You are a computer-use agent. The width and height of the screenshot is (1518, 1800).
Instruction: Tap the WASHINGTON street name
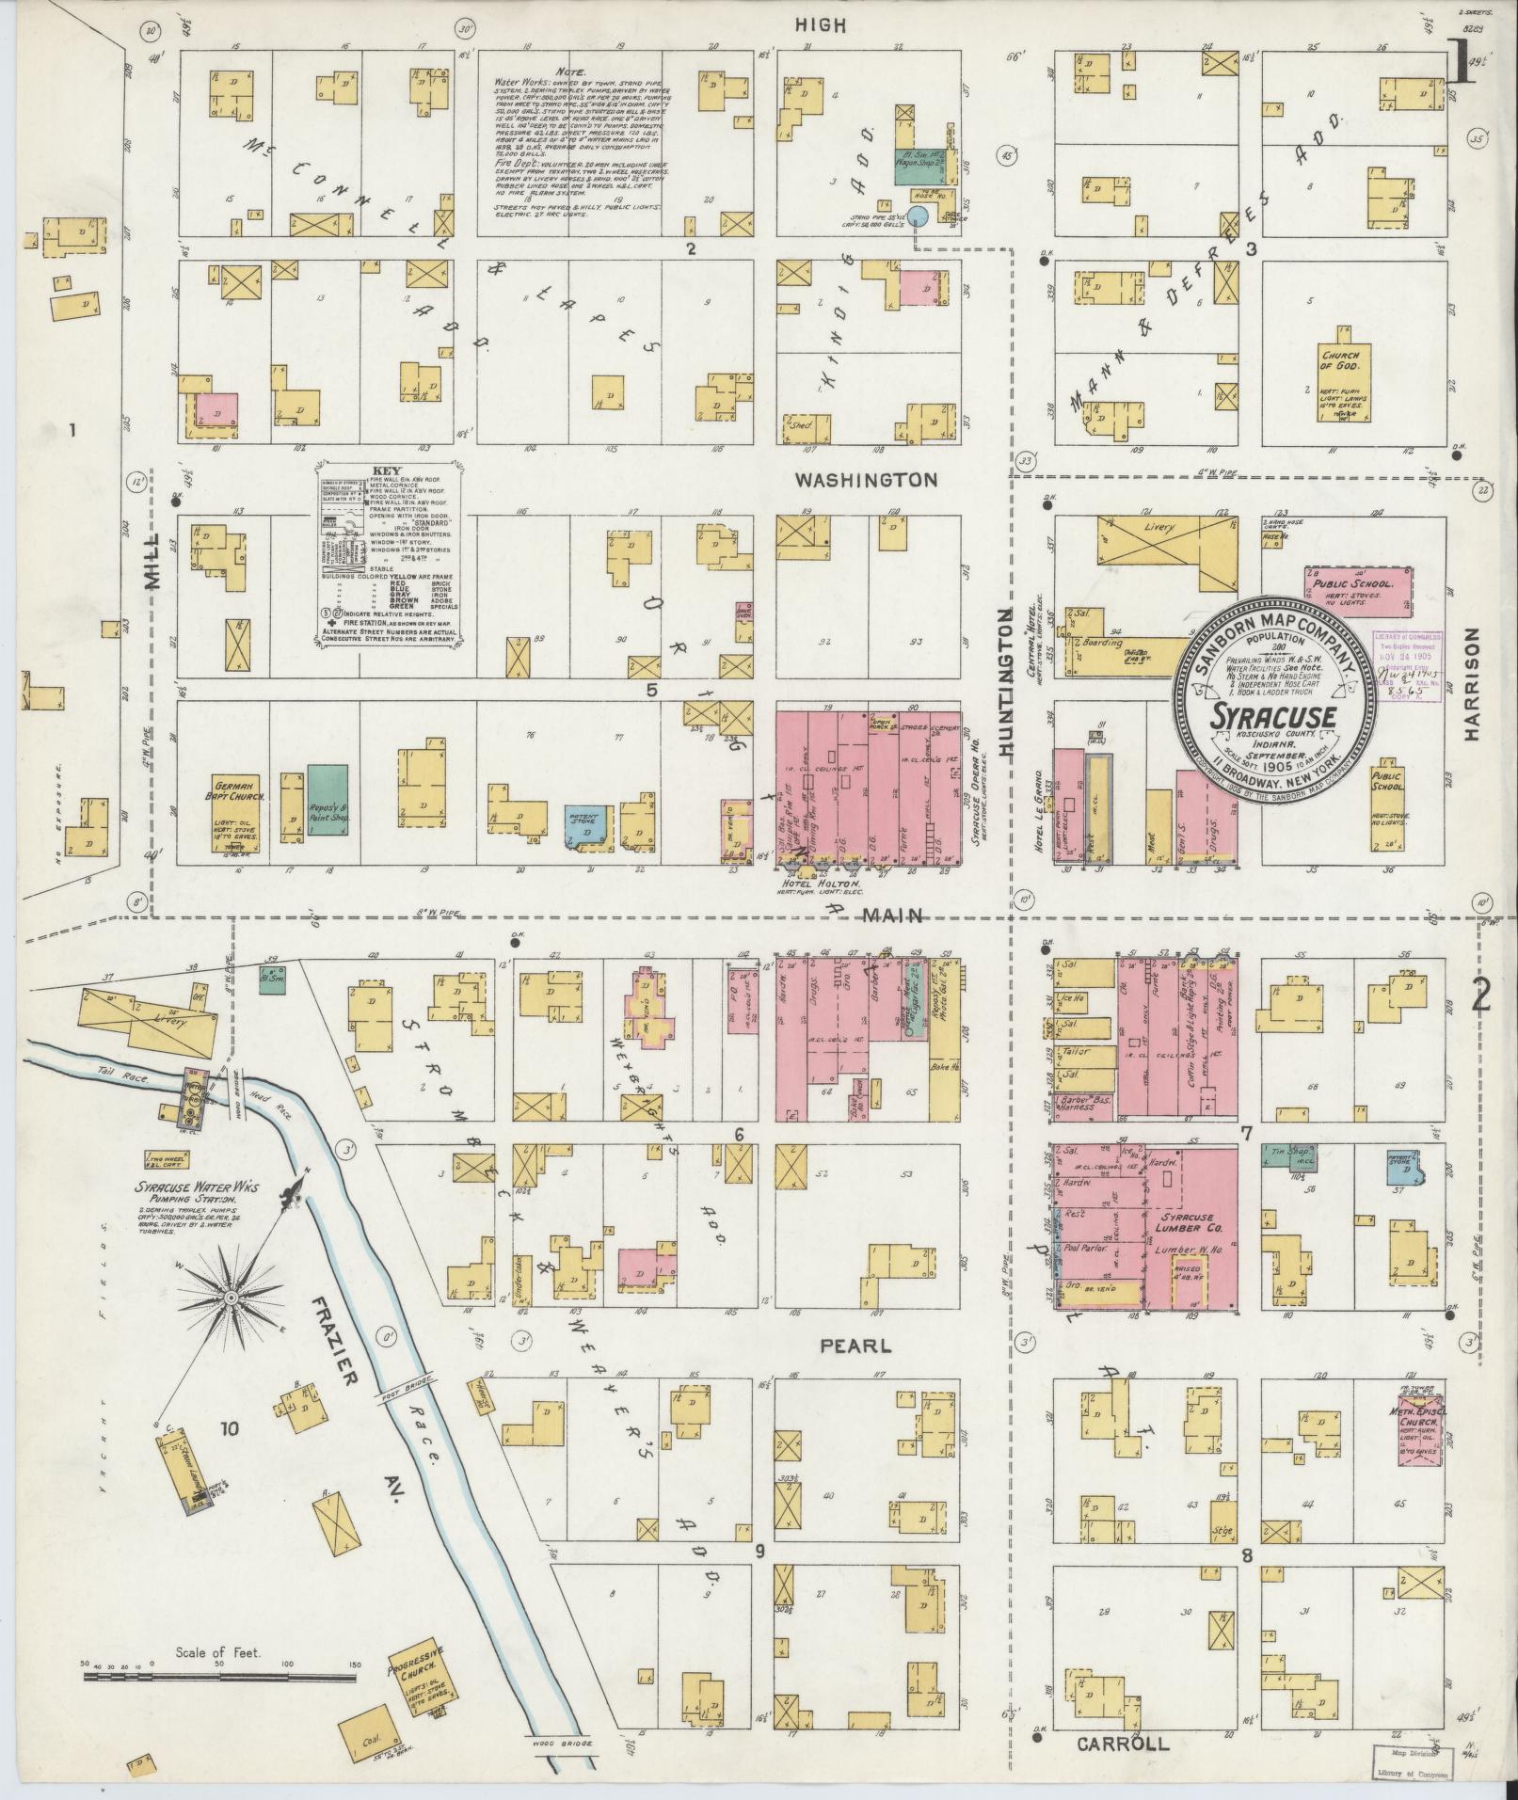point(866,480)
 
